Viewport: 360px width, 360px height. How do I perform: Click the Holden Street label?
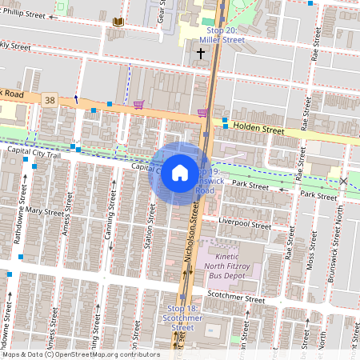coord(258,127)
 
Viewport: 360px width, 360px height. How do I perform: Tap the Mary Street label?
coord(43,211)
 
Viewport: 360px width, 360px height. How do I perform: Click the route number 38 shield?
coord(51,100)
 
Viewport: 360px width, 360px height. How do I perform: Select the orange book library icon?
coord(119,21)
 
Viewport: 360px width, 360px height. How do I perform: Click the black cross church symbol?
coord(199,53)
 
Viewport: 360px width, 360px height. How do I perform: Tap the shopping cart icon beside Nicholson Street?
coord(202,113)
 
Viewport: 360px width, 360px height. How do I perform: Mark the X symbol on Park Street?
coord(344,182)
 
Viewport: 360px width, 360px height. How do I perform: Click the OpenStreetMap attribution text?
coord(80,354)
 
